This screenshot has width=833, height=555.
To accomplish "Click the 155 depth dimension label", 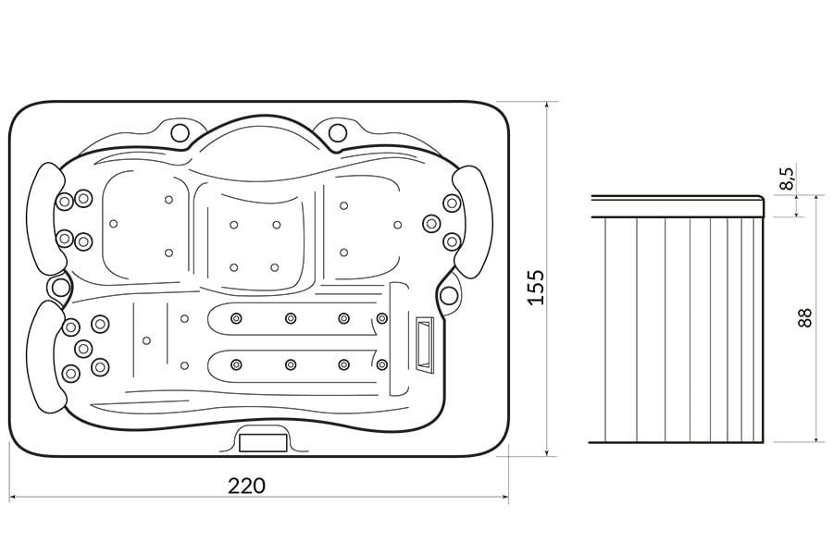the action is (x=537, y=288).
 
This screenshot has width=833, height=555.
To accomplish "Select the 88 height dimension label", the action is (x=805, y=317).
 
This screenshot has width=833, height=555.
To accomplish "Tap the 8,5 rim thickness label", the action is (x=788, y=179).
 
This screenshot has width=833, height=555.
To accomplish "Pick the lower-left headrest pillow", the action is (x=47, y=357).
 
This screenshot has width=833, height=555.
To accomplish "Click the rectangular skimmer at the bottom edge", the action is (x=264, y=442).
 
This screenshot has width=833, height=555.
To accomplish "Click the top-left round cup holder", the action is (x=180, y=131).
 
